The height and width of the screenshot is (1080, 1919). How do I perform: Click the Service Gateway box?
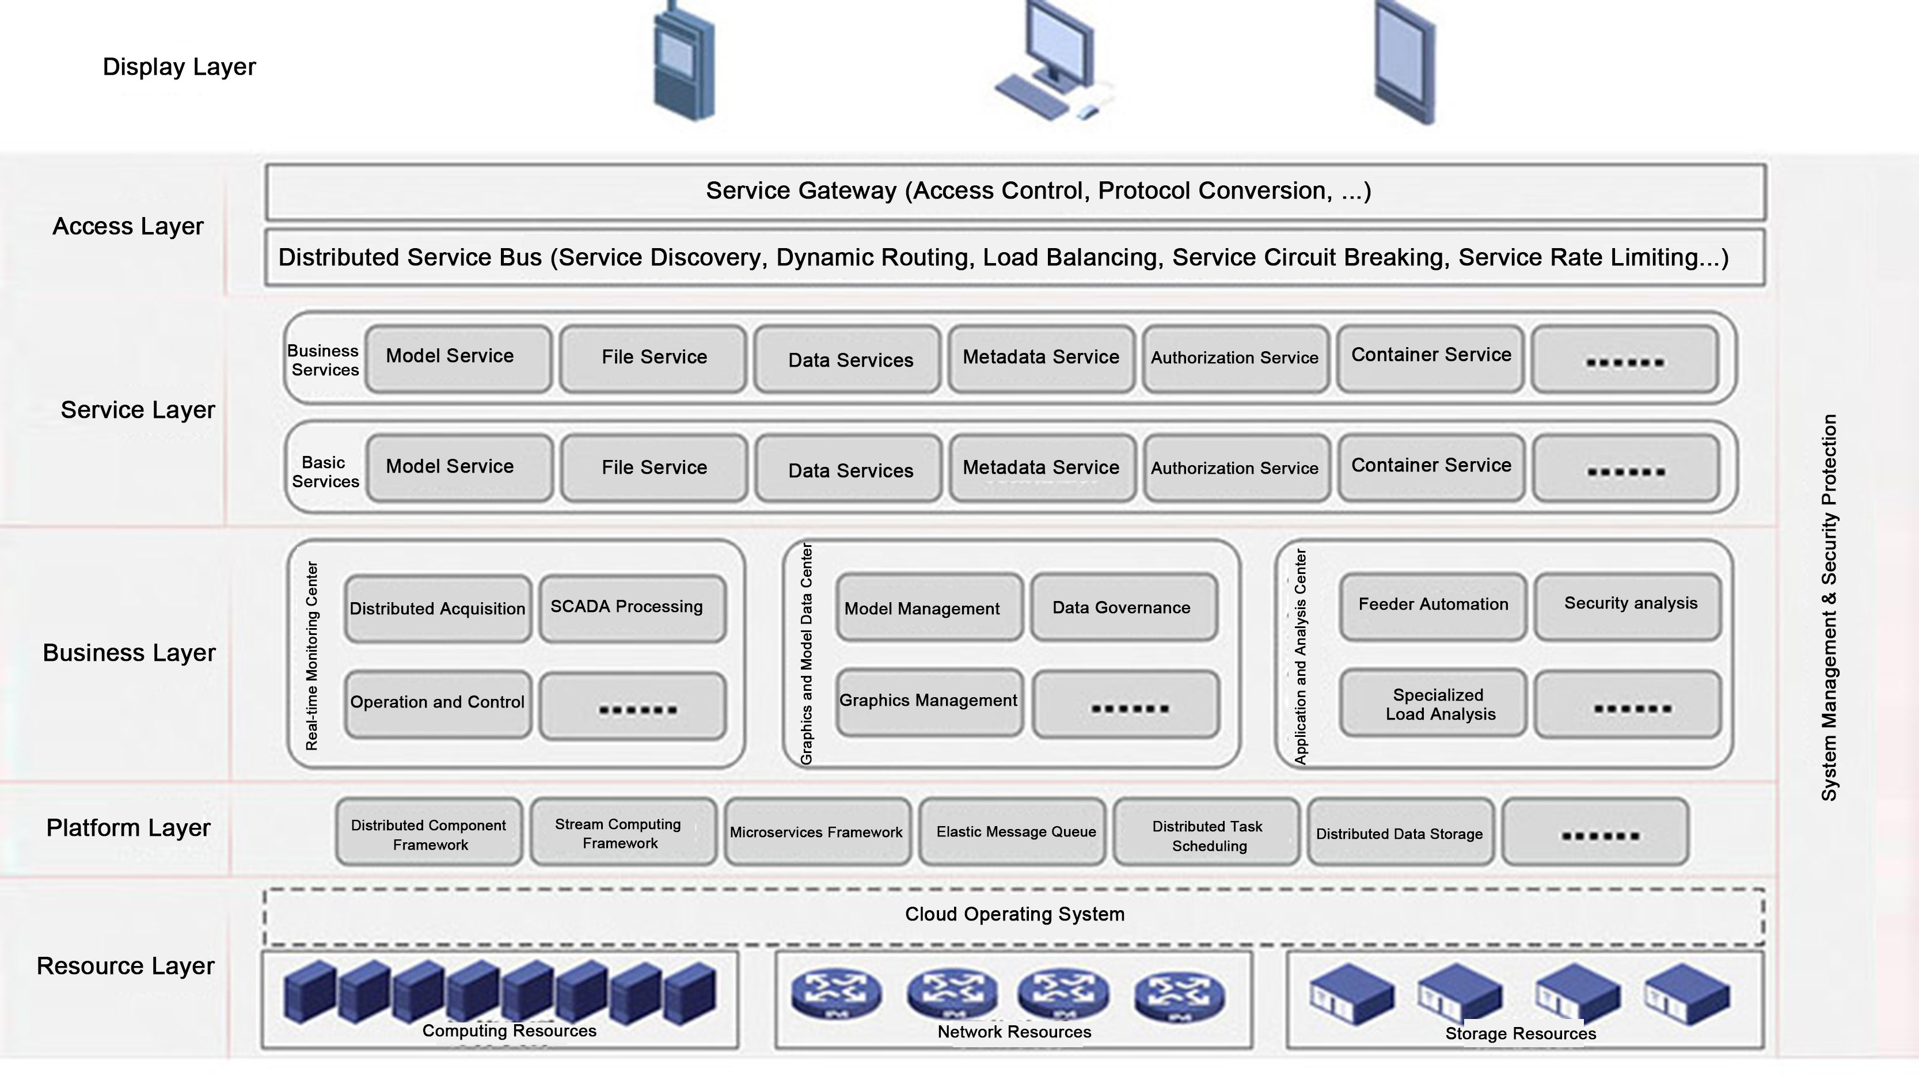1016,192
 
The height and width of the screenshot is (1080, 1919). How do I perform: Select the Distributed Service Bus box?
1016,258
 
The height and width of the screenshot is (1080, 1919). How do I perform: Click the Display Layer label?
179,67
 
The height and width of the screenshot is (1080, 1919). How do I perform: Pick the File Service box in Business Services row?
653,358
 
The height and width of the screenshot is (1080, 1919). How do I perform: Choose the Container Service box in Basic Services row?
1431,467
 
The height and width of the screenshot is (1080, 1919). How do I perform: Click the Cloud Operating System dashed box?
1014,915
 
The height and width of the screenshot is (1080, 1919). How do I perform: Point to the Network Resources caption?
1014,1032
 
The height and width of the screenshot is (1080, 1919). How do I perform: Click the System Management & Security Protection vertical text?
1829,607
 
